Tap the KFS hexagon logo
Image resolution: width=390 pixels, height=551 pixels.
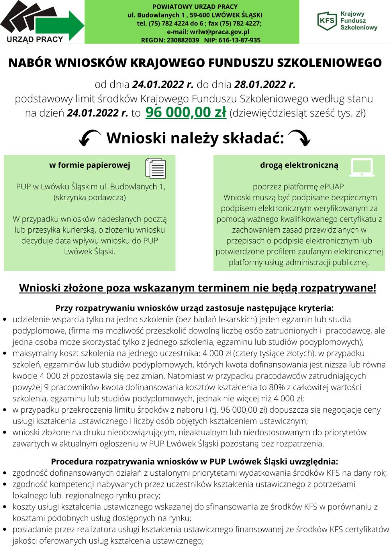tap(327, 20)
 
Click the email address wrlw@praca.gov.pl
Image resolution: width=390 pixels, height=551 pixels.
tap(219, 32)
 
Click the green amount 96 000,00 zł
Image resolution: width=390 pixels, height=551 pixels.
tap(186, 113)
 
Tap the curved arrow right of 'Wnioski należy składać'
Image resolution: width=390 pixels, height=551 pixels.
tap(300, 138)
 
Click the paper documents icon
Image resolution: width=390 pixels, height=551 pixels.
tap(155, 168)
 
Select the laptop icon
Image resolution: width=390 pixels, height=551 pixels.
tap(362, 167)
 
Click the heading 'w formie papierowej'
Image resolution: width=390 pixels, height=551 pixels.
tap(89, 165)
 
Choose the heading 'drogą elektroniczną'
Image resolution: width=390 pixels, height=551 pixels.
tap(299, 165)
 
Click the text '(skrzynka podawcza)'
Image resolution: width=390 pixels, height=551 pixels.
tap(89, 198)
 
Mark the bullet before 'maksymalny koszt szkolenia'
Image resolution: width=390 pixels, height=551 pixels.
tap(5, 354)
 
